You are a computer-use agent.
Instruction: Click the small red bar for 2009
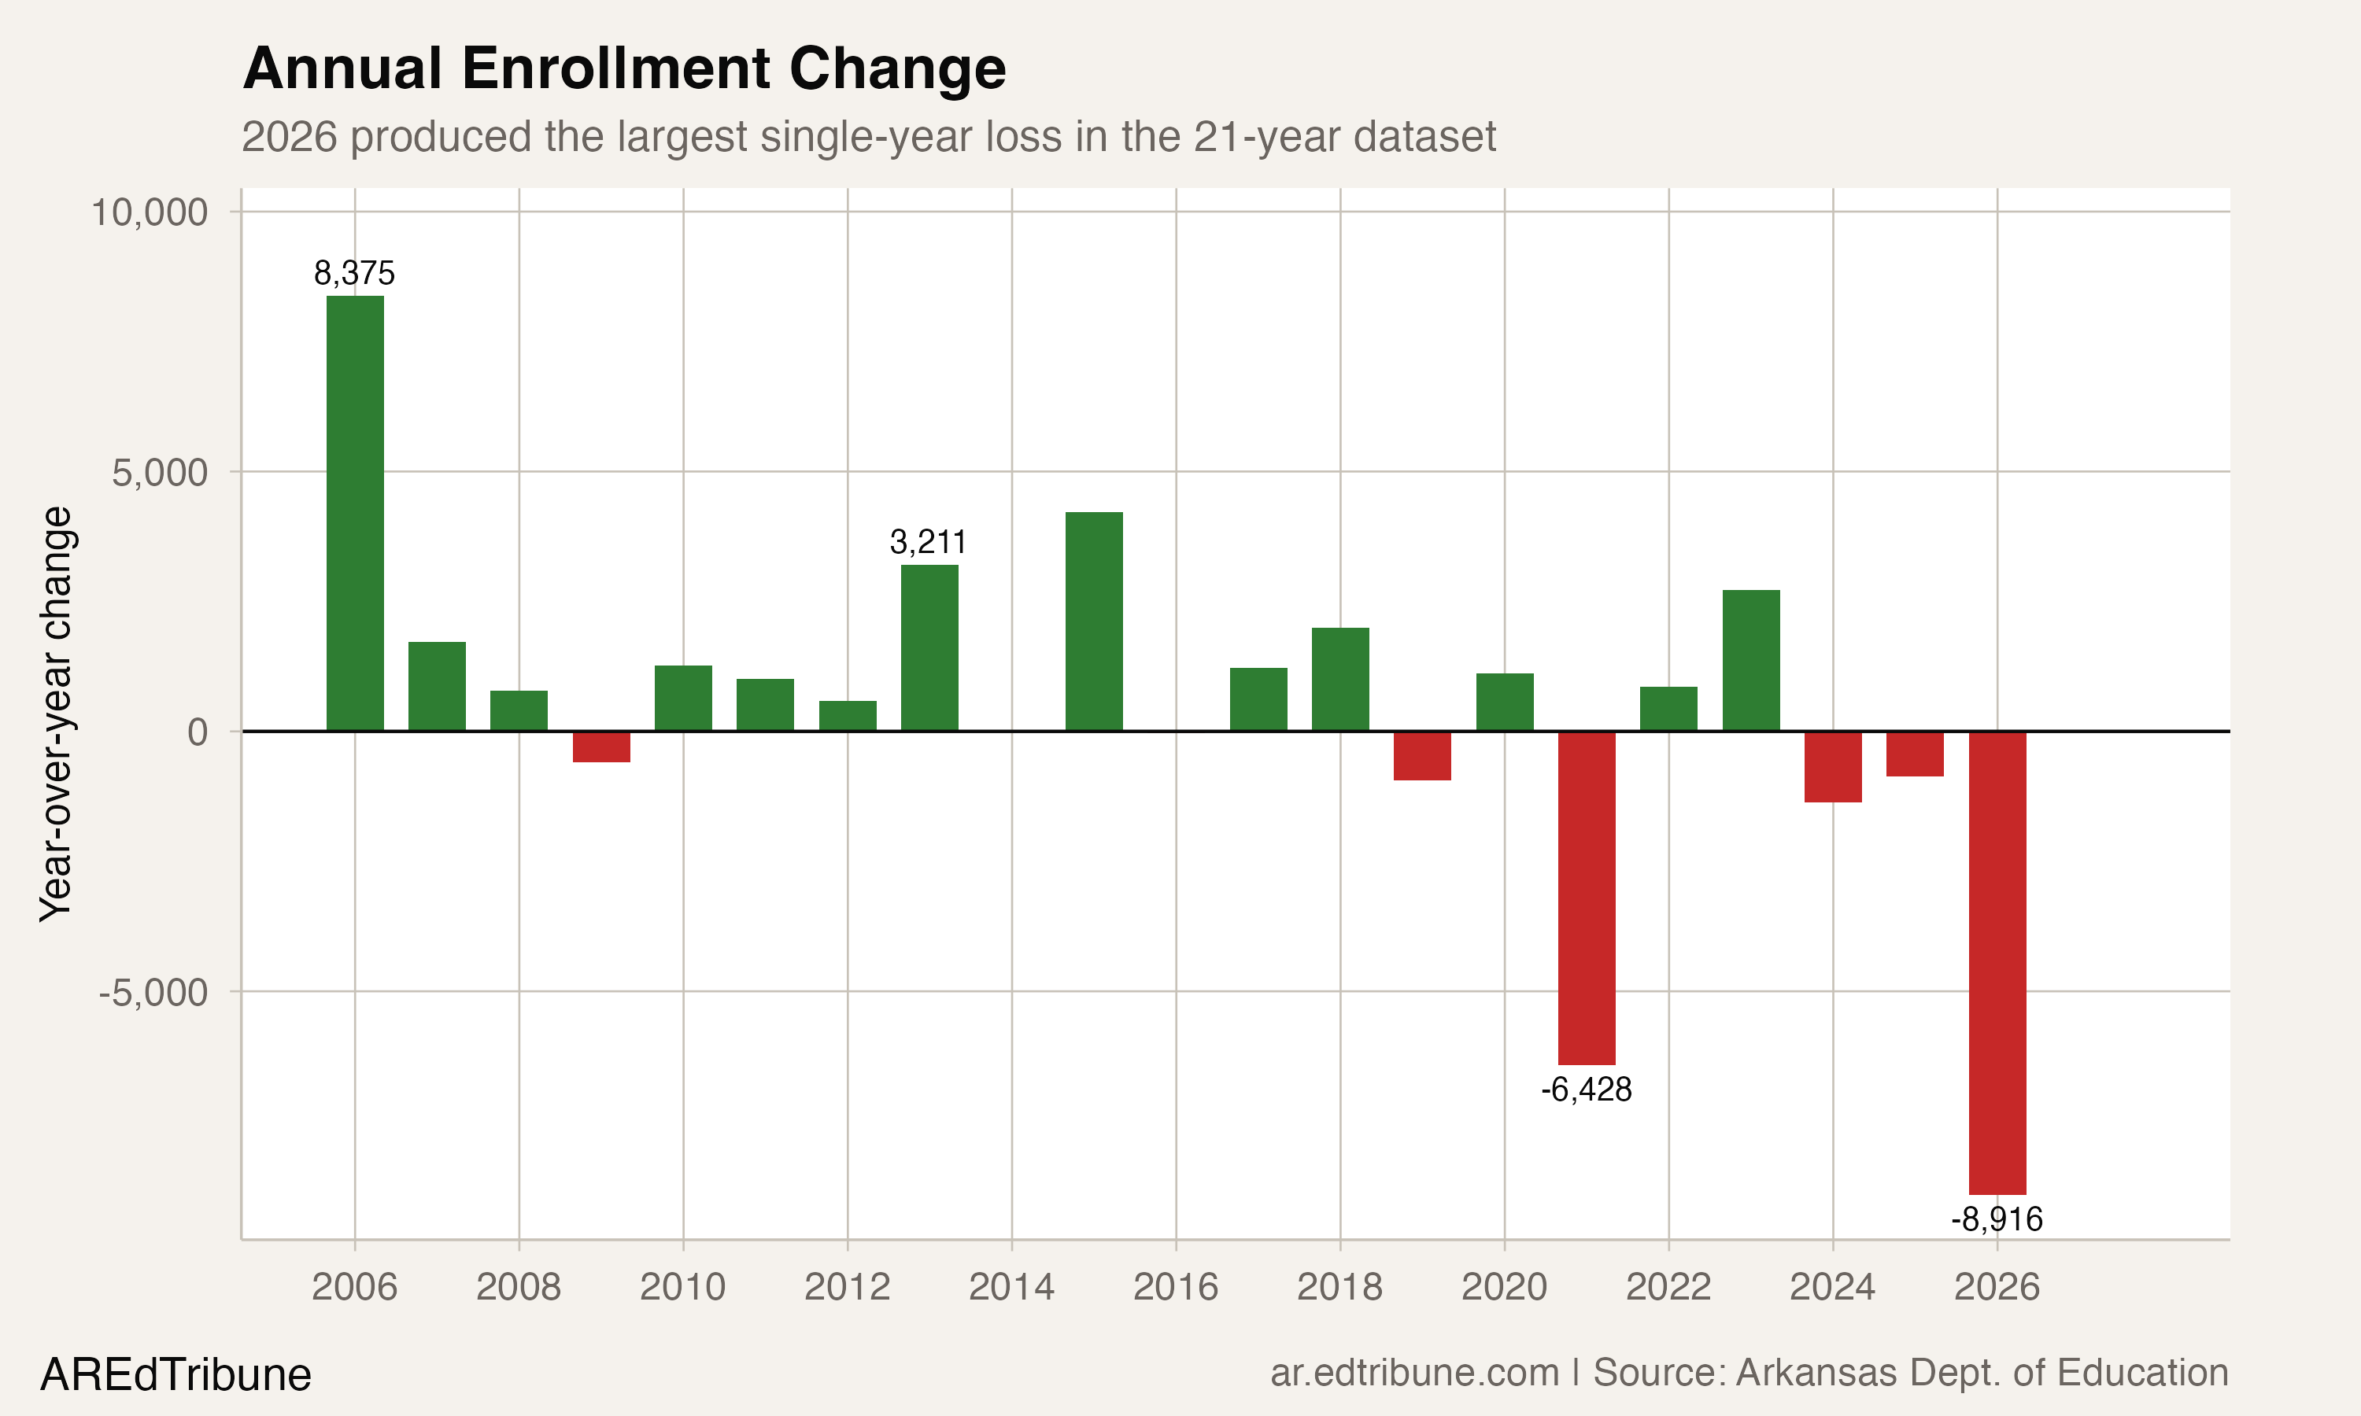pyautogui.click(x=601, y=747)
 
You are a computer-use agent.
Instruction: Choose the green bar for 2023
pyautogui.click(x=1750, y=660)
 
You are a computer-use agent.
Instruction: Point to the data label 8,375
pyautogui.click(x=354, y=274)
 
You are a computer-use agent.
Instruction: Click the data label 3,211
pyautogui.click(x=928, y=543)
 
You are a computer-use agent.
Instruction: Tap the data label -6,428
pyautogui.click(x=1586, y=1090)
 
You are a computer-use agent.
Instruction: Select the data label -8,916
pyautogui.click(x=1997, y=1219)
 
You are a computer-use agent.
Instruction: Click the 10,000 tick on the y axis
pyautogui.click(x=149, y=212)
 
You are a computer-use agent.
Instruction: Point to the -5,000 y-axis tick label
pyautogui.click(x=153, y=992)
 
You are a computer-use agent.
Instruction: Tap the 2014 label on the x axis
pyautogui.click(x=1011, y=1287)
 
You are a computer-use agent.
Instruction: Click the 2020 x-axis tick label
pyautogui.click(x=1504, y=1287)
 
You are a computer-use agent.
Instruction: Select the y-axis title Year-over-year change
pyautogui.click(x=55, y=714)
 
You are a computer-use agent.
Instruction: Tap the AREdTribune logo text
pyautogui.click(x=176, y=1375)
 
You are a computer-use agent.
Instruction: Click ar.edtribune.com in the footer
pyautogui.click(x=1414, y=1373)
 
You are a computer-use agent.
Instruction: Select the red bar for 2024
pyautogui.click(x=1832, y=766)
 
